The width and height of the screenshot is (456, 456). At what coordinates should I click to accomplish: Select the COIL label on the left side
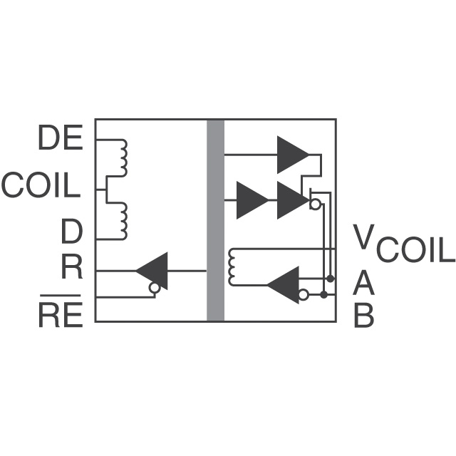[x=41, y=186]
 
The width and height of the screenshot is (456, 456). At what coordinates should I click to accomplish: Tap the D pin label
[x=71, y=232]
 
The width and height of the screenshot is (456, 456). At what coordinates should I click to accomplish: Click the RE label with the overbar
[x=61, y=314]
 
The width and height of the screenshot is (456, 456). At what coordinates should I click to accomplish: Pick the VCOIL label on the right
[x=403, y=246]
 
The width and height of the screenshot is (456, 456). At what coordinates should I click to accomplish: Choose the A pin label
[x=363, y=284]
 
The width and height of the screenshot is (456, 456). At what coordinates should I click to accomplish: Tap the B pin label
[x=363, y=316]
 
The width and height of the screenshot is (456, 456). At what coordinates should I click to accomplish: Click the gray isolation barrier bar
[x=215, y=221]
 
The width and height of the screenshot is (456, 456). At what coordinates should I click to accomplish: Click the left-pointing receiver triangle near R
[x=154, y=271]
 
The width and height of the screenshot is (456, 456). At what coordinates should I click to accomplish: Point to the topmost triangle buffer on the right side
[x=292, y=154]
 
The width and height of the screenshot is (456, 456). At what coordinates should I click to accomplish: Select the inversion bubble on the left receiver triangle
[x=153, y=288]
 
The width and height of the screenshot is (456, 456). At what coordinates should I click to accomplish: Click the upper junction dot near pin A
[x=329, y=276]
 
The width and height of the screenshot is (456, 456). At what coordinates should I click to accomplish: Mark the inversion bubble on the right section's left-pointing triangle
[x=304, y=294]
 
